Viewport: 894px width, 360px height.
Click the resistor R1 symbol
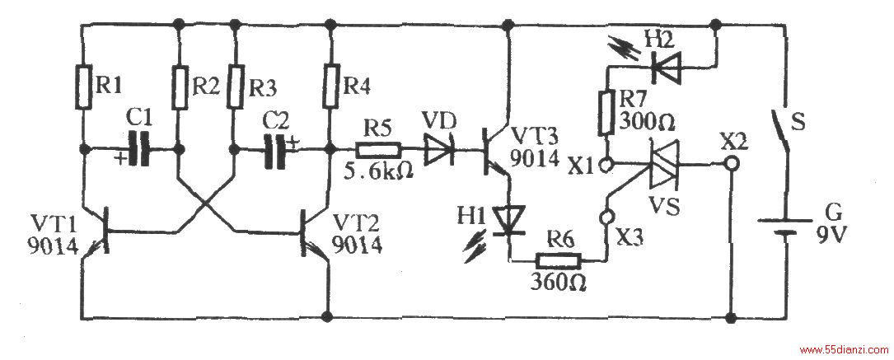click(x=83, y=86)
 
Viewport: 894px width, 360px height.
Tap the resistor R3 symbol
click(x=234, y=86)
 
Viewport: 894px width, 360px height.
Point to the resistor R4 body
click(x=330, y=86)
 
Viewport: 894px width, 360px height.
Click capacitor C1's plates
click(x=140, y=149)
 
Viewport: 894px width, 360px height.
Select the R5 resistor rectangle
click(x=379, y=151)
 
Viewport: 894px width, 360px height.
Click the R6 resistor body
click(x=559, y=261)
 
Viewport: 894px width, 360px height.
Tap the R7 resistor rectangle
click(x=605, y=112)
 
